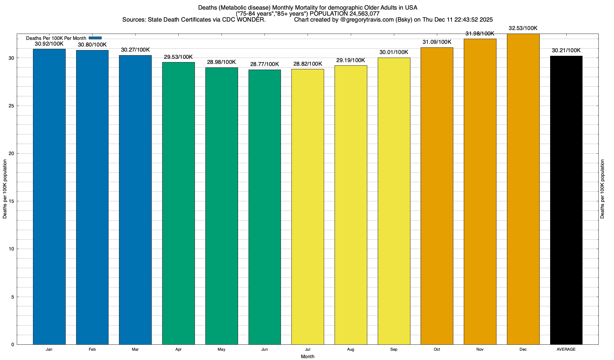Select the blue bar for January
click(49, 196)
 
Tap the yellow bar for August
click(351, 205)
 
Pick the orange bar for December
click(523, 189)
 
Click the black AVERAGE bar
click(566, 200)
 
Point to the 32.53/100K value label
click(523, 28)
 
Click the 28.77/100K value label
click(265, 64)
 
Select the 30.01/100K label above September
click(394, 52)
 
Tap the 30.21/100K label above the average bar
click(566, 50)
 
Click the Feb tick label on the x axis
click(92, 349)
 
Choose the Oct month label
click(437, 349)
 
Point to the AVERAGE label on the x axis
click(566, 349)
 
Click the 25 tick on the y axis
click(11, 106)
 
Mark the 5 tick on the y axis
click(13, 297)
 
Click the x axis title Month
click(308, 356)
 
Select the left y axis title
click(5, 189)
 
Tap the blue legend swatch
click(95, 38)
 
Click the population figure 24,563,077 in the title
click(364, 14)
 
